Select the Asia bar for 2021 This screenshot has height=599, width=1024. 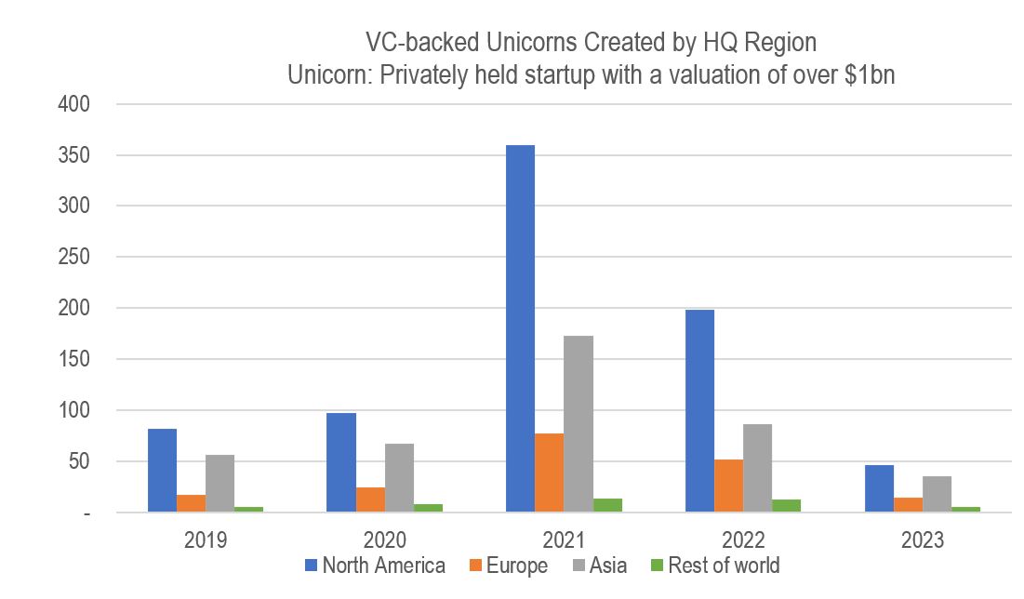tap(578, 423)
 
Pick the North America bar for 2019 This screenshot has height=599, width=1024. tap(162, 470)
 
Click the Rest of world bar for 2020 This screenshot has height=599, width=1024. tap(428, 508)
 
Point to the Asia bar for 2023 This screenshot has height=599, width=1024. tap(937, 494)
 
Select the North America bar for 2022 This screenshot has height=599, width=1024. tap(699, 410)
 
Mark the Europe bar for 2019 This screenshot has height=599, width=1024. tap(191, 503)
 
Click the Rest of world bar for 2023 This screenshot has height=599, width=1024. tap(965, 509)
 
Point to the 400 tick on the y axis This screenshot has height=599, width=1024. tap(73, 104)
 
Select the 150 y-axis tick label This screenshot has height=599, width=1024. tap(73, 359)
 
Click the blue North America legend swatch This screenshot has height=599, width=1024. tap(312, 565)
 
